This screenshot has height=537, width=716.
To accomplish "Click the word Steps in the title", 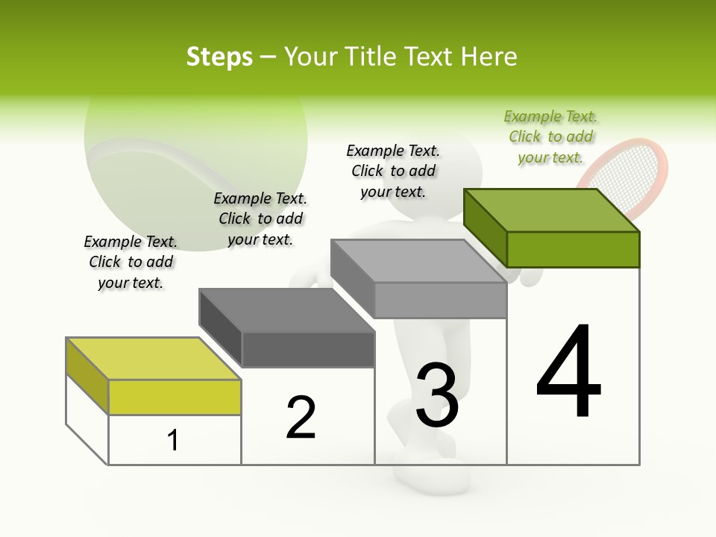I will (219, 57).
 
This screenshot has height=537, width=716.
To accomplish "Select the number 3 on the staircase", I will (437, 395).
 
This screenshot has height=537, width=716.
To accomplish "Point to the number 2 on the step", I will (301, 418).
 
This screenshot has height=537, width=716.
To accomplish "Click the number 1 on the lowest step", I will (173, 440).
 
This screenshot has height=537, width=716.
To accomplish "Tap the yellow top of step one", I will (154, 358).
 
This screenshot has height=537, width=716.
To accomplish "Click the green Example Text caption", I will (550, 137).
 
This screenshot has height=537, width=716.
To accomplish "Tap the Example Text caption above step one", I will (131, 262).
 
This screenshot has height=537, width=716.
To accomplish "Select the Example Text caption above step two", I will (260, 219).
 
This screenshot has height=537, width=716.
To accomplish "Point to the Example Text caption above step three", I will (393, 171).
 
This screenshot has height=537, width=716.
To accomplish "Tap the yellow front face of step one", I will (175, 397).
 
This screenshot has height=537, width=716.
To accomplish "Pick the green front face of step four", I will (573, 249).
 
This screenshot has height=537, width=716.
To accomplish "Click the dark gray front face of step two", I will (307, 349).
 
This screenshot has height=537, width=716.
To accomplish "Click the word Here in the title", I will (489, 57).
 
